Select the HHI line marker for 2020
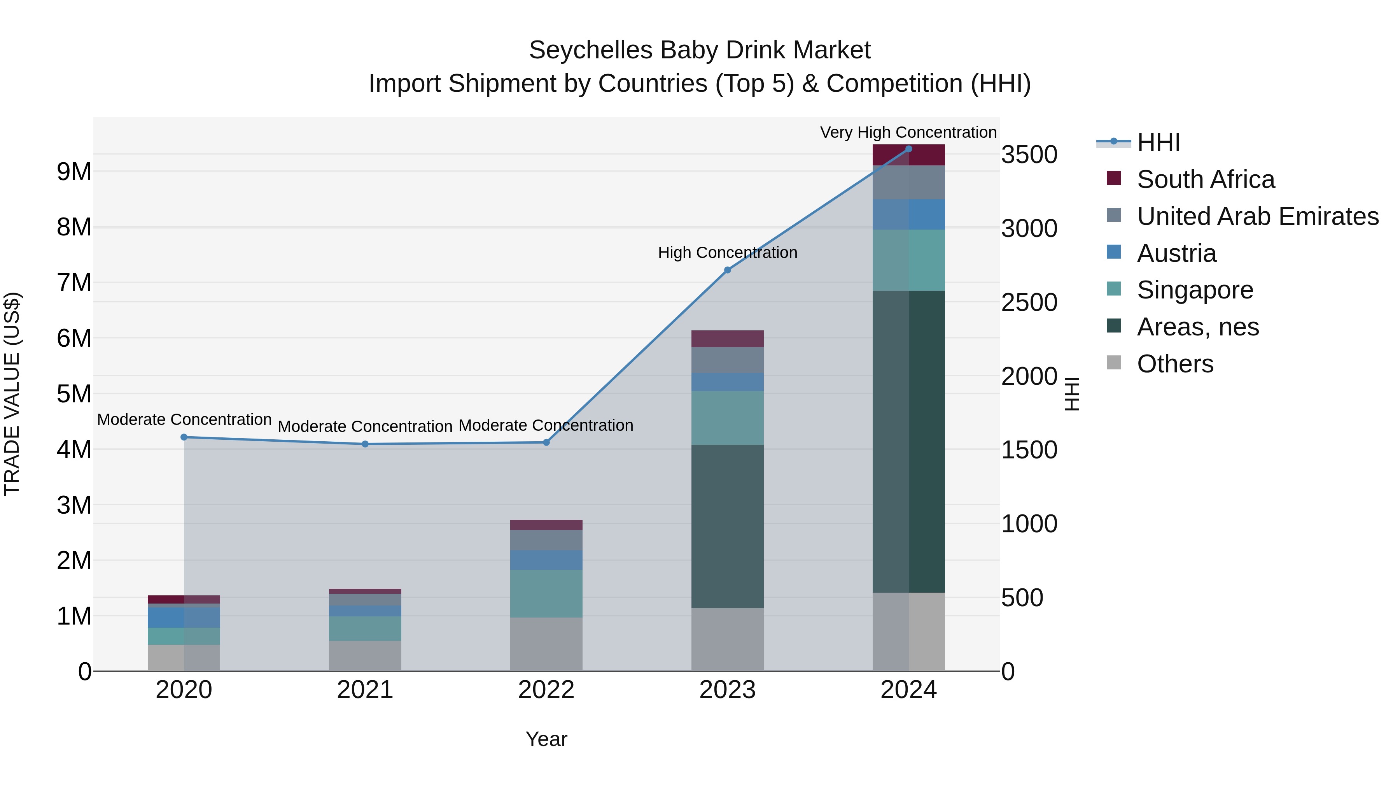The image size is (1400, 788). [184, 437]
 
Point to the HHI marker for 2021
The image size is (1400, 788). [365, 444]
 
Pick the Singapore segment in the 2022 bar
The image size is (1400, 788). [546, 593]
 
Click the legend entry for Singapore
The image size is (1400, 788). [1195, 290]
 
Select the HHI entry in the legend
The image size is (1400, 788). [1158, 142]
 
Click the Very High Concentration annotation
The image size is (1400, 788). [908, 132]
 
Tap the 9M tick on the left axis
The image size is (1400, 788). [74, 172]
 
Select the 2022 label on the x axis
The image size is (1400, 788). [546, 690]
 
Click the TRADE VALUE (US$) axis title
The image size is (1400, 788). [12, 394]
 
